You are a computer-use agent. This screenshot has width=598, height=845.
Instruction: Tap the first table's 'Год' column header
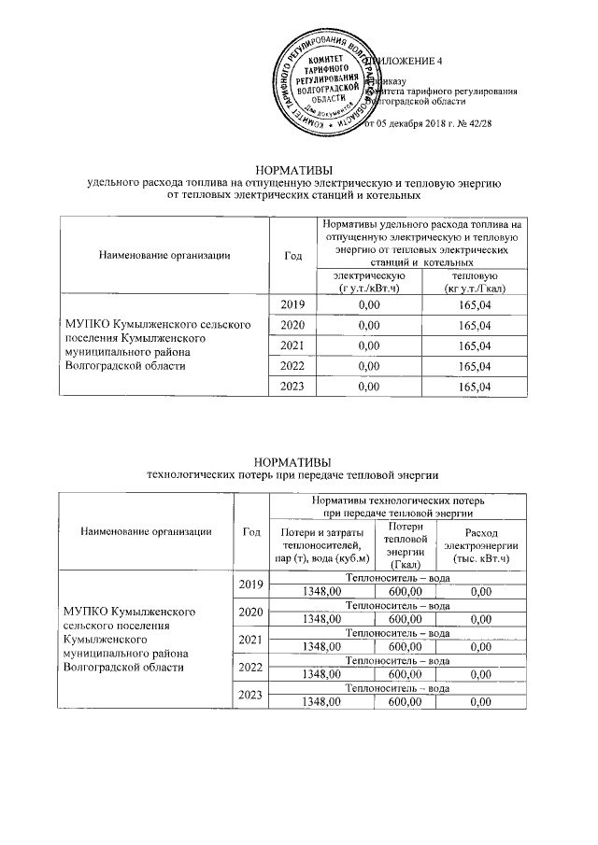point(292,254)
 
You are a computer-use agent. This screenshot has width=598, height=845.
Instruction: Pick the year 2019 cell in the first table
point(292,304)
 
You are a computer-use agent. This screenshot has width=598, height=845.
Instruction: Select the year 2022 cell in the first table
point(292,366)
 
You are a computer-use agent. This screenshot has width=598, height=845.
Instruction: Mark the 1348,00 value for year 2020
point(319,618)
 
